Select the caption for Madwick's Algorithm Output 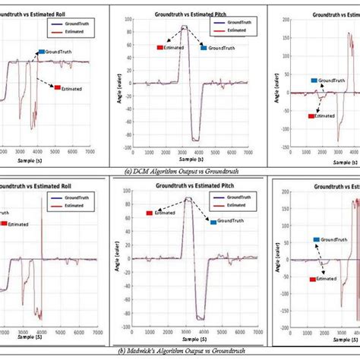pyautogui.click(x=181, y=350)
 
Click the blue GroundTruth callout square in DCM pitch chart pyautogui.click(x=204, y=48)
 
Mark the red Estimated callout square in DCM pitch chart pyautogui.click(x=160, y=47)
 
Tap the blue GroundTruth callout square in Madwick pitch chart pyautogui.click(x=213, y=221)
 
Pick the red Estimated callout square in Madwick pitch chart pyautogui.click(x=150, y=213)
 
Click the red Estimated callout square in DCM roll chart pyautogui.click(x=57, y=87)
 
